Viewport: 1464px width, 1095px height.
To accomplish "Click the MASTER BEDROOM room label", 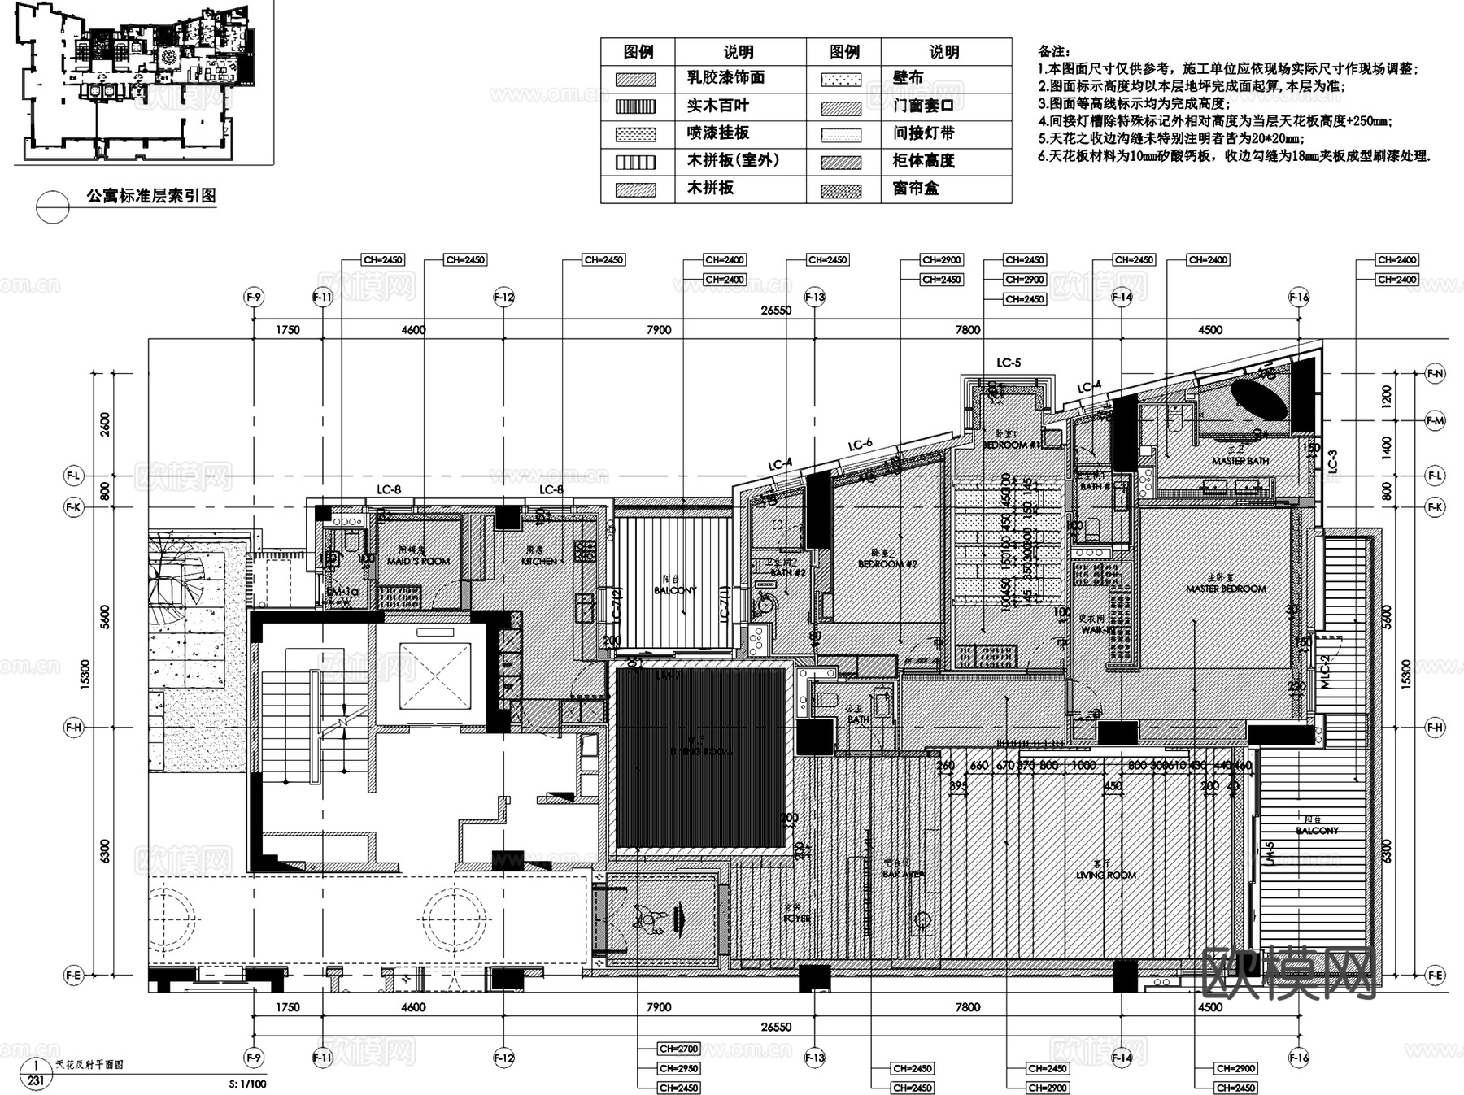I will tap(1226, 588).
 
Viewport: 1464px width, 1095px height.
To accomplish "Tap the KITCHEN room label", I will tap(539, 561).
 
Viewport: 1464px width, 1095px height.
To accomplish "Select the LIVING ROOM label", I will tap(1106, 875).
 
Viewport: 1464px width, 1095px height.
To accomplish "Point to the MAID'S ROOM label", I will tap(418, 561).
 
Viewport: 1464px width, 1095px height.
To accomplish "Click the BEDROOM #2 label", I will tap(887, 563).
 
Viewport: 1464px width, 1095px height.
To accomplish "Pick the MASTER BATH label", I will tap(1240, 461).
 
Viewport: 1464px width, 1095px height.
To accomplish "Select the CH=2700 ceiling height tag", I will tap(679, 1049).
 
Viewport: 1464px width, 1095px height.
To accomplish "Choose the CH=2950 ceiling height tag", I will tap(679, 1068).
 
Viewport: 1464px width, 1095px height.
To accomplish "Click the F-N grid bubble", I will tap(1436, 374).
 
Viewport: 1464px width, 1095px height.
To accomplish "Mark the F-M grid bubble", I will tap(1436, 420).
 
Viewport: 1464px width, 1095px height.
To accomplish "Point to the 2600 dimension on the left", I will tap(105, 424).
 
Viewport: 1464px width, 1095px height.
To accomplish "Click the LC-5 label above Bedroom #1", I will tap(1008, 363).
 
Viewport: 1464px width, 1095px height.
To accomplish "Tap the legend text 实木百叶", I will tap(717, 106).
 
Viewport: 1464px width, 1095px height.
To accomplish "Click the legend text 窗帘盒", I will tap(916, 189).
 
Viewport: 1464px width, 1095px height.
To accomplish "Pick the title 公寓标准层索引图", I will tap(151, 196).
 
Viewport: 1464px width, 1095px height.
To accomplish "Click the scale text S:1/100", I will tap(248, 1084).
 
